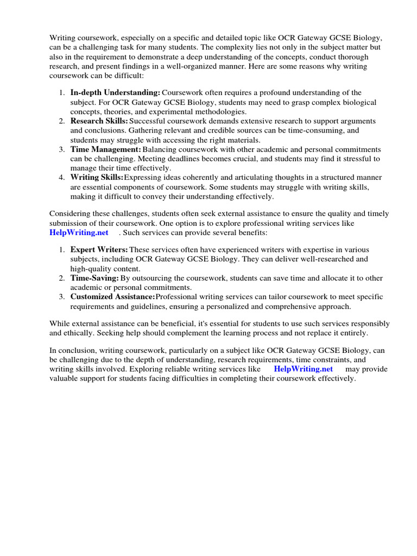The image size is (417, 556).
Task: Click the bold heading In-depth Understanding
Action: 115,93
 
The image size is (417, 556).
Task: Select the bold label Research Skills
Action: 99,121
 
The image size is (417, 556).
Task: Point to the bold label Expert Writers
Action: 99,249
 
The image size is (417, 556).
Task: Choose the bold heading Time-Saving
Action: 94,278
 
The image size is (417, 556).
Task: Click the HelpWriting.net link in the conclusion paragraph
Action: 303,369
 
